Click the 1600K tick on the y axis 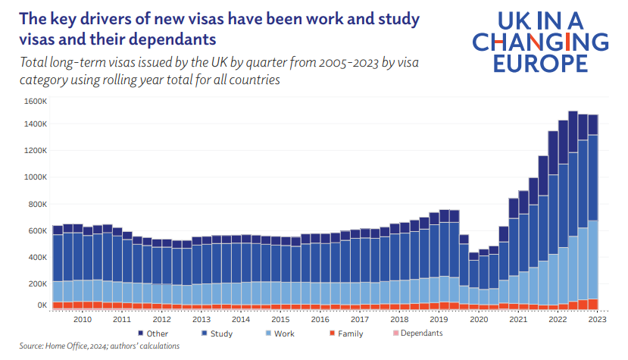(35, 101)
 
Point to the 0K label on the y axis (40, 305)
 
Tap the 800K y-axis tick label (37, 204)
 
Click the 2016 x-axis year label (320, 320)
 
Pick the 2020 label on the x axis (479, 320)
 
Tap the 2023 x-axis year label (598, 320)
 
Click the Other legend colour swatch (141, 333)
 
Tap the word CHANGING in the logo (539, 42)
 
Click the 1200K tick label (35, 151)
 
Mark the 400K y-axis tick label (37, 257)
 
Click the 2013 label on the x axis (201, 320)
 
